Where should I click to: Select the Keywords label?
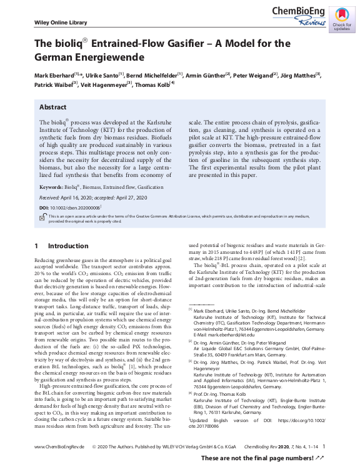tap(51, 187)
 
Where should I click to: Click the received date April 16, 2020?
tap(86, 196)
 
